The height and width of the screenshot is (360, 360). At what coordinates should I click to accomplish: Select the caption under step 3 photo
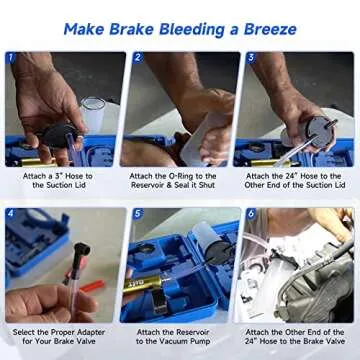point(295,181)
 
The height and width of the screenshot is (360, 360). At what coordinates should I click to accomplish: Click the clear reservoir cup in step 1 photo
point(92,112)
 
